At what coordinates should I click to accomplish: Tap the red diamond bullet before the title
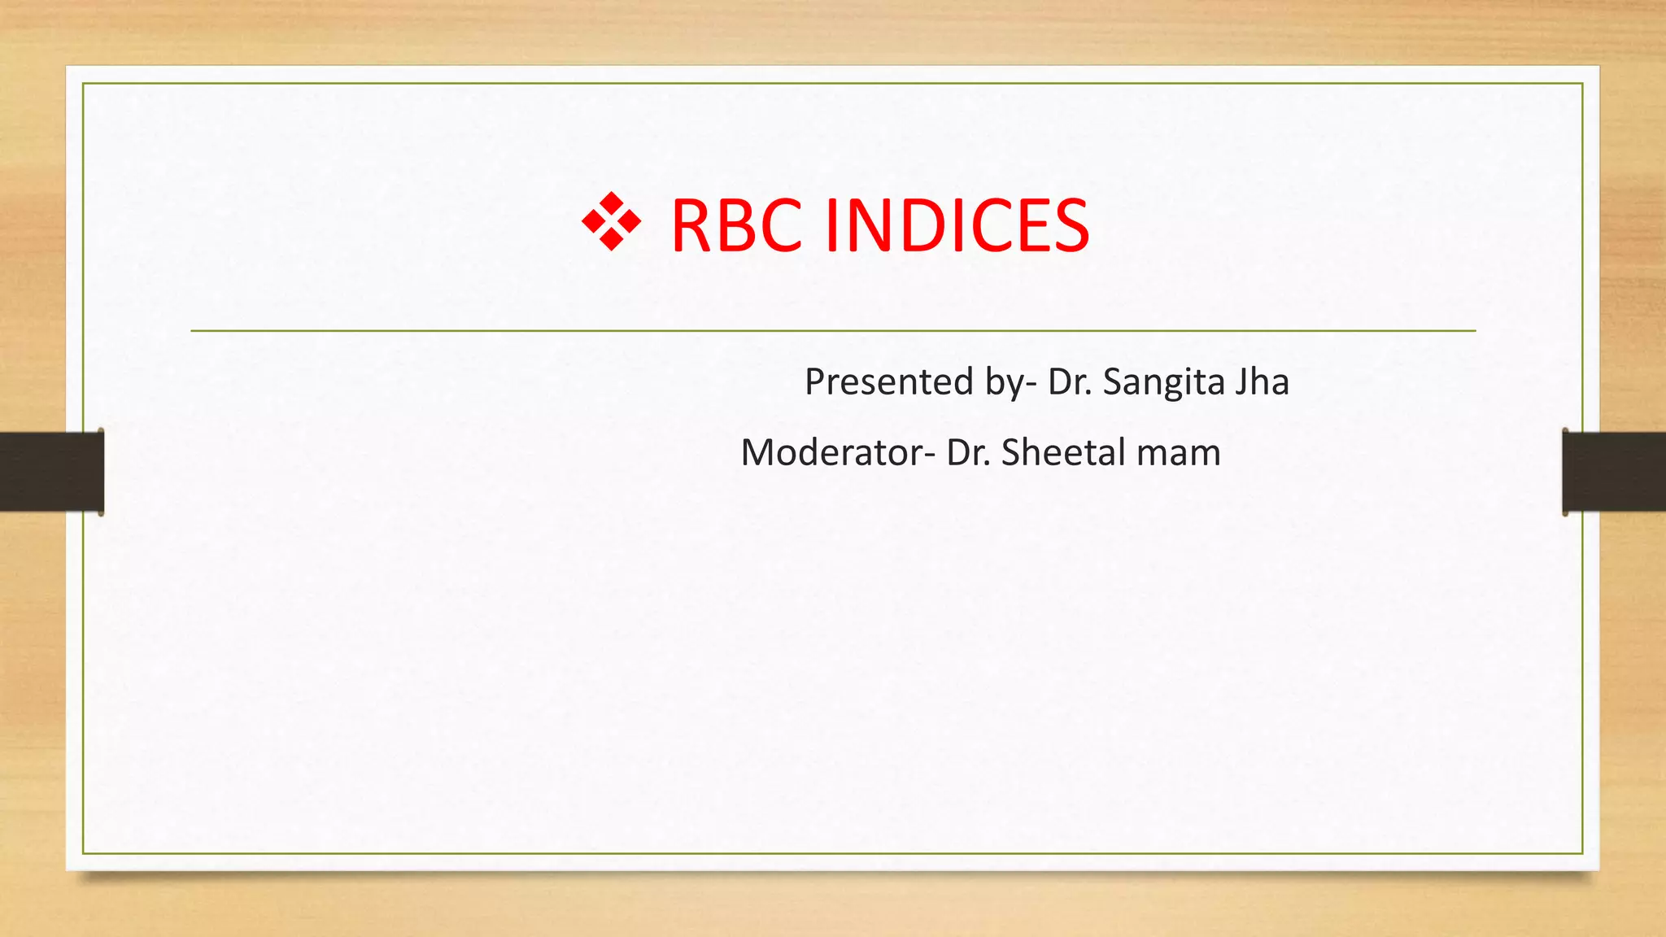[x=612, y=221]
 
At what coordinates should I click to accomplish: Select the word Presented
[x=888, y=381]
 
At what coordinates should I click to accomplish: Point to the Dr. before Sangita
[x=1070, y=381]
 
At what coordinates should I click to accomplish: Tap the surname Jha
[x=1262, y=381]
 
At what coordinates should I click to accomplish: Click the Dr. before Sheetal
[x=968, y=452]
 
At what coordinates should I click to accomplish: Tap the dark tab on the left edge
[x=51, y=472]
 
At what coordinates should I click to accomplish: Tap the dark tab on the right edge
[x=1614, y=472]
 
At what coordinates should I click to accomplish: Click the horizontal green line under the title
[x=833, y=331]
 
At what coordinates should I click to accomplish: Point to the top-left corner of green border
[x=83, y=84]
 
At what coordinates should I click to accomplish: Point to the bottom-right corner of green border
[x=1582, y=853]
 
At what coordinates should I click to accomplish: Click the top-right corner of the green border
[x=1582, y=84]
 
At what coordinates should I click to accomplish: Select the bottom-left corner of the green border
[x=83, y=853]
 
